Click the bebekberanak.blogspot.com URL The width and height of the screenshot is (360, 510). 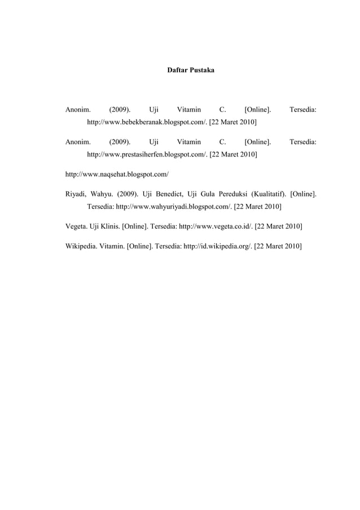coord(147,122)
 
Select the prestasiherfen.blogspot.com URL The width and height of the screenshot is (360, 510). coord(147,154)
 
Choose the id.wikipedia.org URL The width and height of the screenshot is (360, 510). coord(217,247)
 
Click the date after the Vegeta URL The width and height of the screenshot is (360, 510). coord(278,226)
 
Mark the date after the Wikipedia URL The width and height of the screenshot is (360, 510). coord(278,247)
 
